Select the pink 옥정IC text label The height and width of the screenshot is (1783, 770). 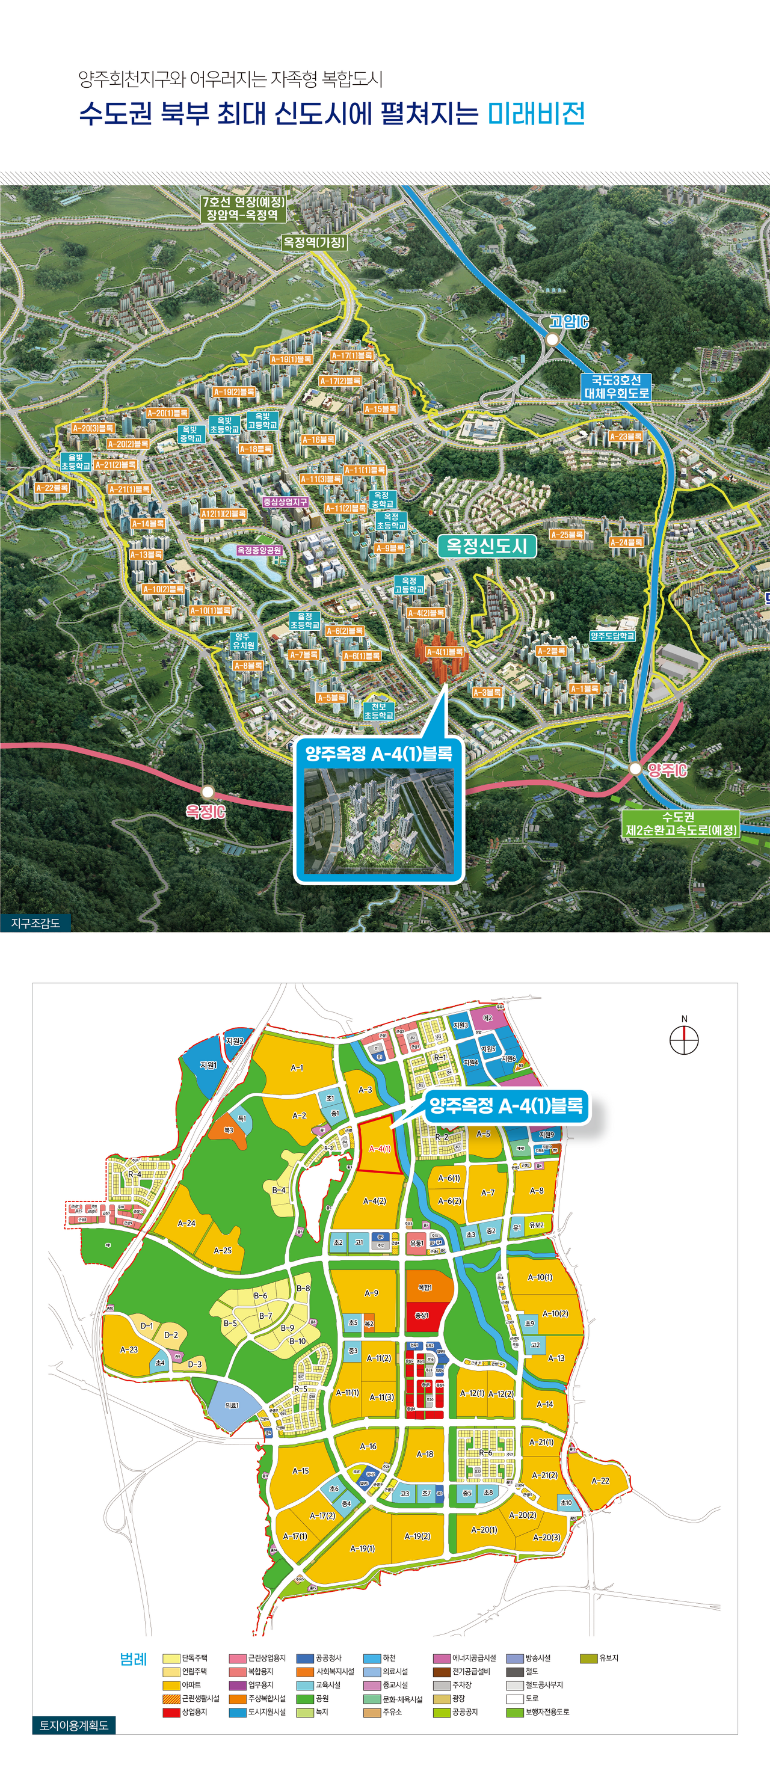point(205,811)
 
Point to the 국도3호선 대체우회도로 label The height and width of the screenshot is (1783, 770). point(616,386)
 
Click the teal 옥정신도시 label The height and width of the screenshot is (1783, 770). point(487,546)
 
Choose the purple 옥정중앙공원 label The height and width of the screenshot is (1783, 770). point(260,550)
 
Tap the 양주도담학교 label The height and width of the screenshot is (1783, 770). point(613,636)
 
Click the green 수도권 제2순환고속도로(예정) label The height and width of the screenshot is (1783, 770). point(681,824)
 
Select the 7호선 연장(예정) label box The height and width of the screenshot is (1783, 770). point(242,208)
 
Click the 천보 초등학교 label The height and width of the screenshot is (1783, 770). point(379,711)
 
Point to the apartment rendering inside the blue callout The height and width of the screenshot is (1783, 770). point(379,821)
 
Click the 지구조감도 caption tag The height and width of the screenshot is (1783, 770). point(36,922)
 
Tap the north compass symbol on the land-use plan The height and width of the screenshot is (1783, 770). point(684,1040)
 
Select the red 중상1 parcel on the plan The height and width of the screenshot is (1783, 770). point(422,1315)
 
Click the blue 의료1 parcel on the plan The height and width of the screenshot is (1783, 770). point(232,1404)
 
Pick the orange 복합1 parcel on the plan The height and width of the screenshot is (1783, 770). point(426,1287)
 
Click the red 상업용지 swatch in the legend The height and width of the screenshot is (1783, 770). point(171,1711)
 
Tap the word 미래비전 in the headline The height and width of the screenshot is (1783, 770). point(537,114)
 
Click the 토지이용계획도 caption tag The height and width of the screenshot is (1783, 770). point(73,1725)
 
